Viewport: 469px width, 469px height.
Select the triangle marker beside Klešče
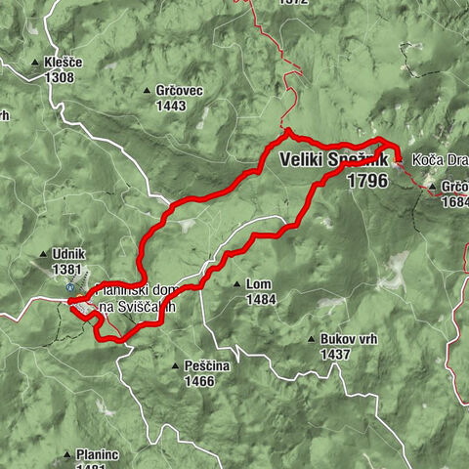point(36,61)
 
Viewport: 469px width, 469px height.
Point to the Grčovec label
point(179,90)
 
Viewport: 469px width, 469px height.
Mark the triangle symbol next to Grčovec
point(147,90)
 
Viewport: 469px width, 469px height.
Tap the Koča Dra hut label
point(440,159)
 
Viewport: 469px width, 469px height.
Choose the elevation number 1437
point(335,354)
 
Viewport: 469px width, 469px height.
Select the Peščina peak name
point(206,365)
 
